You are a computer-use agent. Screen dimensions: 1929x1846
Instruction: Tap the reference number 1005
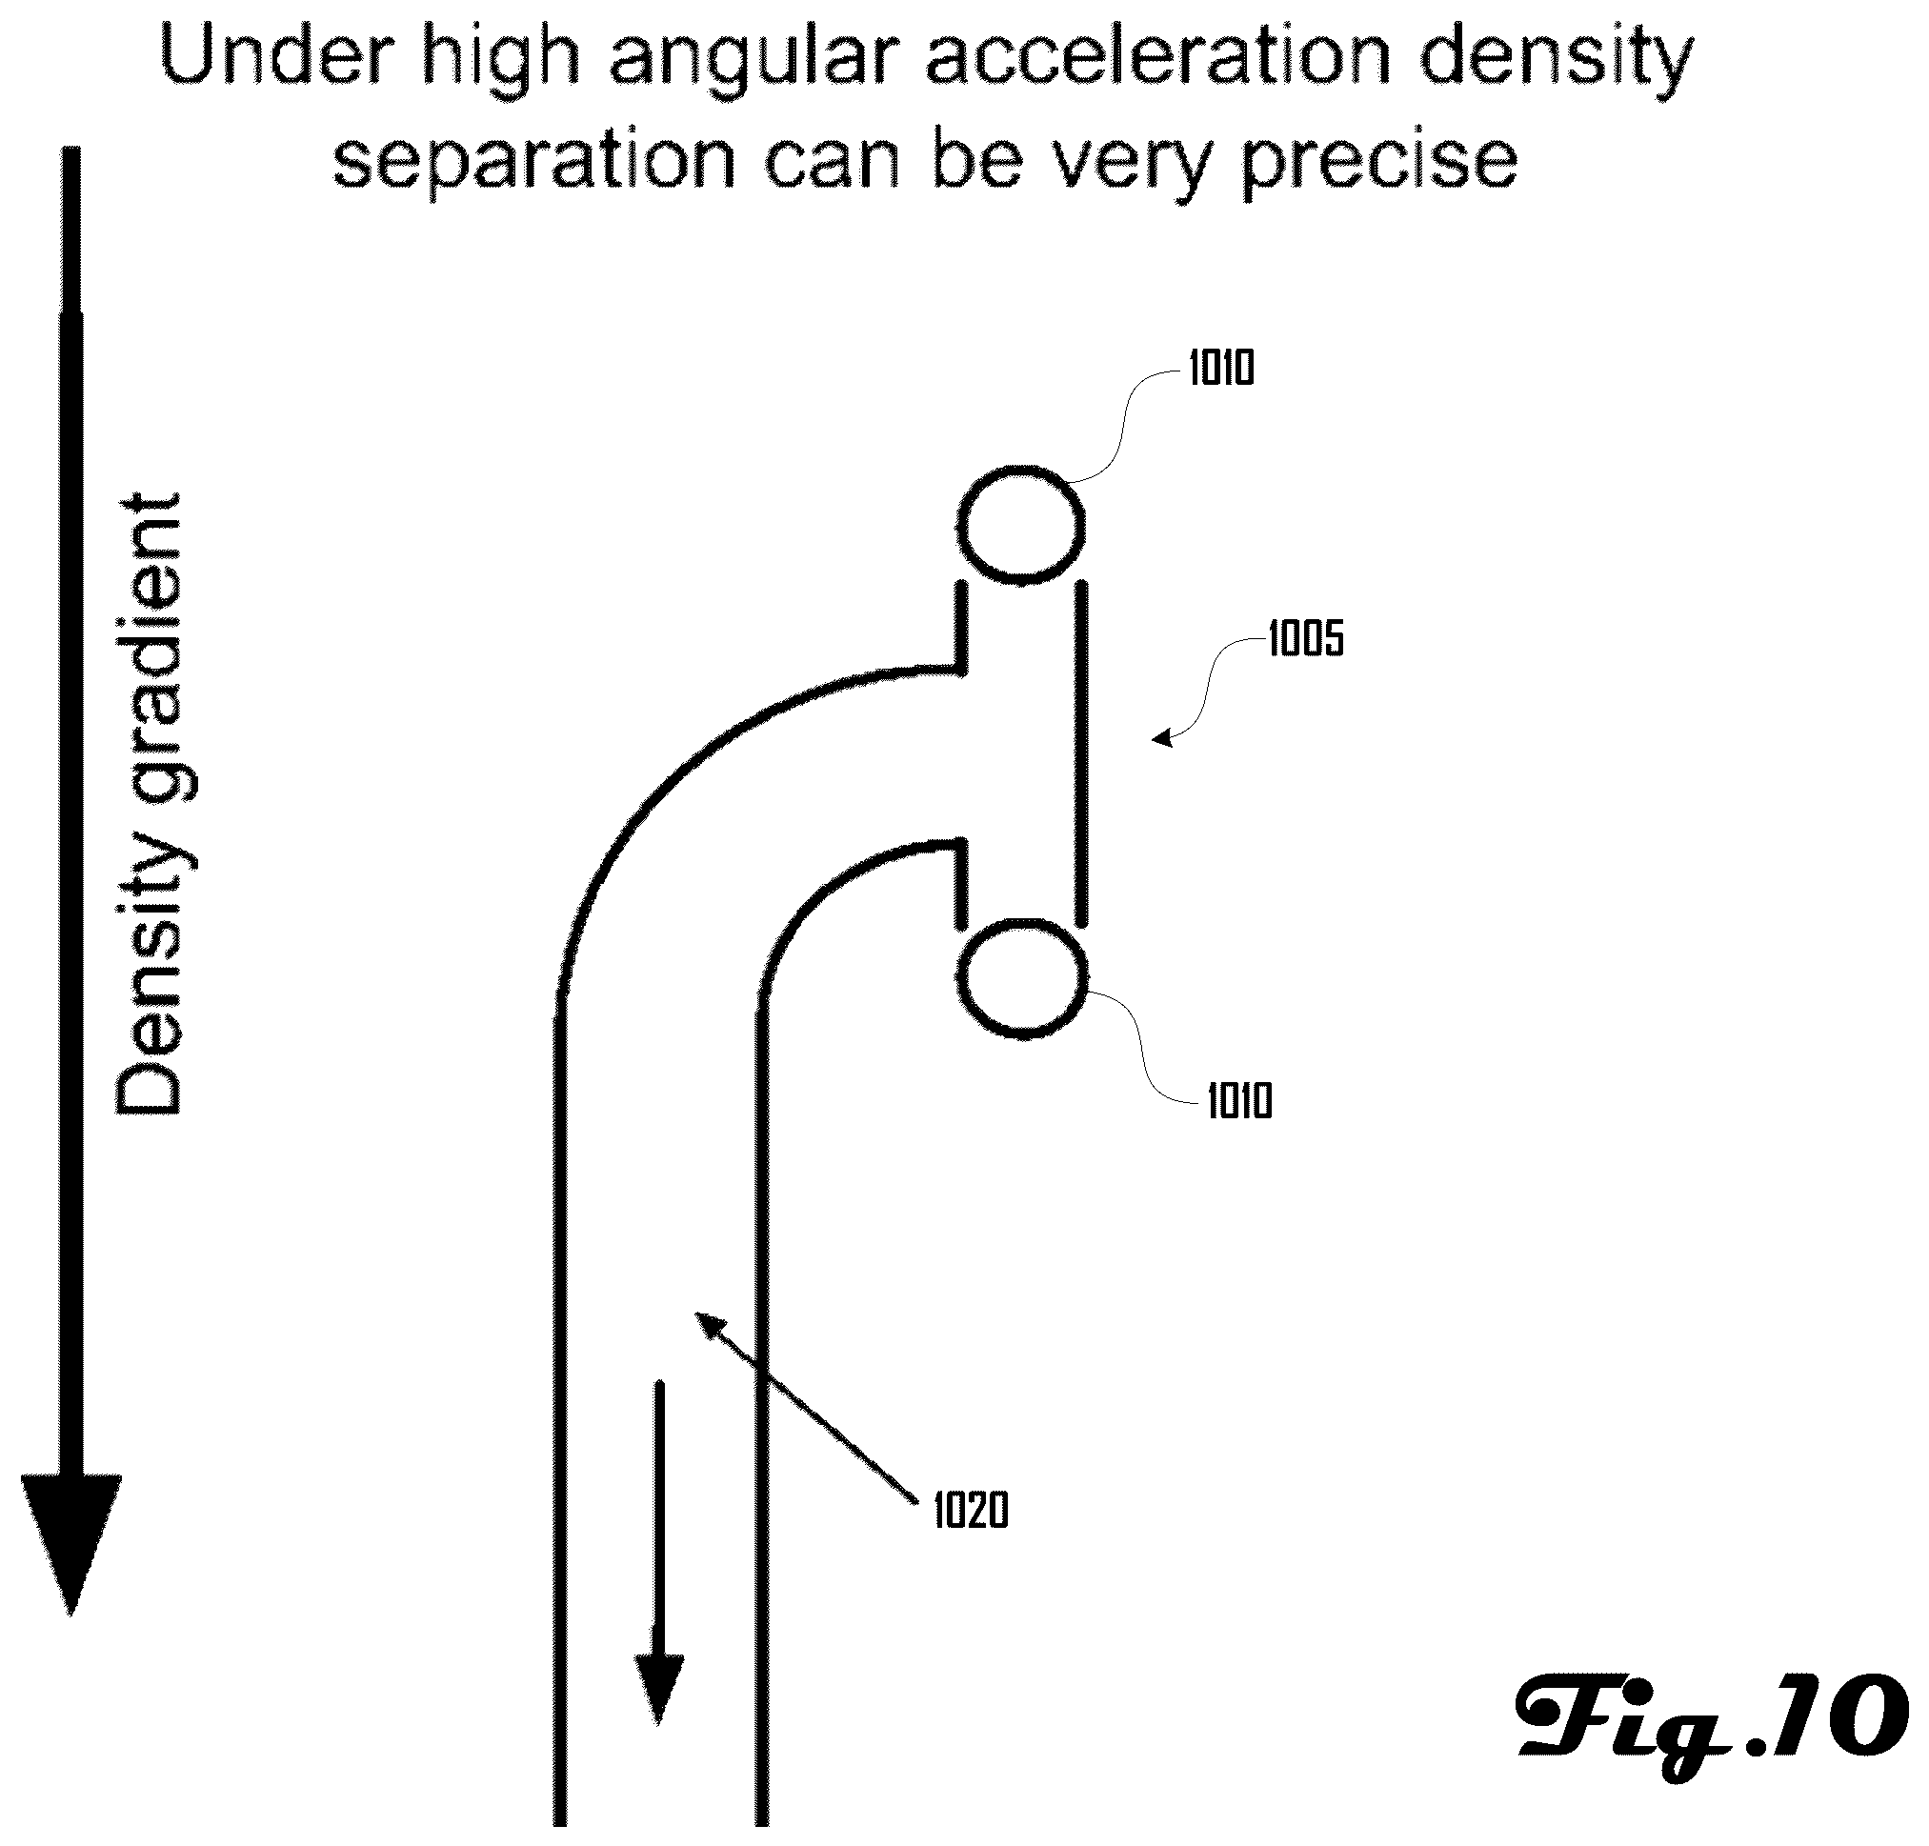pyautogui.click(x=1305, y=639)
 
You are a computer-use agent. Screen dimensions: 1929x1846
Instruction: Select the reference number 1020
pyautogui.click(x=971, y=1511)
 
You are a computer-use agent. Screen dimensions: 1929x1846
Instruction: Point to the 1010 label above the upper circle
pyautogui.click(x=1221, y=369)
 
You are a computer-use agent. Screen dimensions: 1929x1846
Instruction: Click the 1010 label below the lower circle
pyautogui.click(x=1239, y=1101)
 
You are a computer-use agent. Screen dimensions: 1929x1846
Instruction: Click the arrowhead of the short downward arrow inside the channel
pyautogui.click(x=658, y=1690)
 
